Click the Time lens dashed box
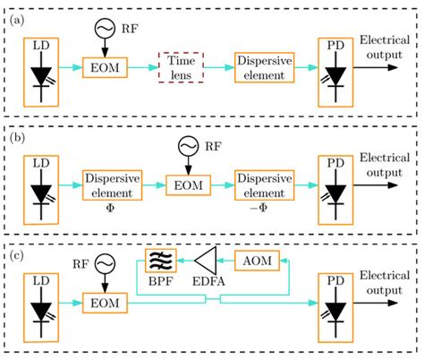pyautogui.click(x=182, y=67)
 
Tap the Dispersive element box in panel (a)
pyautogui.click(x=265, y=67)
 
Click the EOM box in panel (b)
pyautogui.click(x=187, y=183)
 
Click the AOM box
pyautogui.click(x=259, y=261)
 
